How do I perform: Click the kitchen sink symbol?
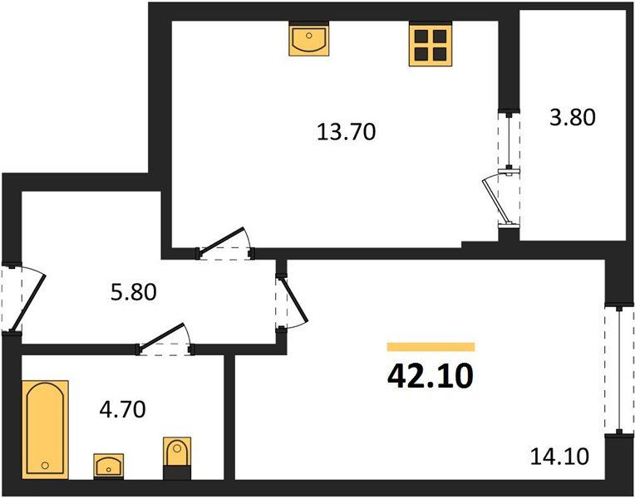pyautogui.click(x=309, y=38)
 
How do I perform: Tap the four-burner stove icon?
pyautogui.click(x=430, y=45)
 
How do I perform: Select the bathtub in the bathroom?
pyautogui.click(x=45, y=430)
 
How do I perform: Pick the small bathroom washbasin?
pyautogui.click(x=109, y=466)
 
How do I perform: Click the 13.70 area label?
pyautogui.click(x=347, y=132)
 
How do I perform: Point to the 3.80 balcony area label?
pyautogui.click(x=573, y=118)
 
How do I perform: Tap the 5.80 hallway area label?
pyautogui.click(x=134, y=291)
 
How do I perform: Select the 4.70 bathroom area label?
pyautogui.click(x=122, y=409)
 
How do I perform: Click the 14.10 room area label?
pyautogui.click(x=559, y=456)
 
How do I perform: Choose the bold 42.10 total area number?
pyautogui.click(x=430, y=376)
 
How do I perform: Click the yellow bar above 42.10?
pyautogui.click(x=431, y=347)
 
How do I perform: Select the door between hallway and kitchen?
pyautogui.click(x=224, y=244)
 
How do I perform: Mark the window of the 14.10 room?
pyautogui.click(x=619, y=370)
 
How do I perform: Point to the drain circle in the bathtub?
pyautogui.click(x=45, y=466)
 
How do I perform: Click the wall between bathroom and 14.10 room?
pyautogui.click(x=229, y=417)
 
